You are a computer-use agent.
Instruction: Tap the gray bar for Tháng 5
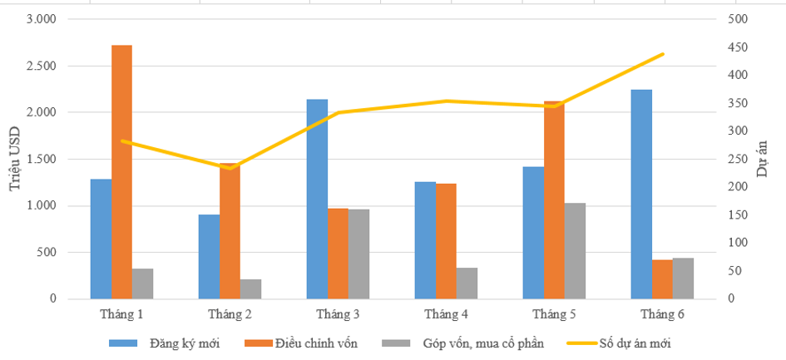[575, 250]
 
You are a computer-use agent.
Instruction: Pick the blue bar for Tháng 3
[317, 199]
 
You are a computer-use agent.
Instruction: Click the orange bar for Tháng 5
[554, 200]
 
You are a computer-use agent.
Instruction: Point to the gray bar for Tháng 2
[250, 288]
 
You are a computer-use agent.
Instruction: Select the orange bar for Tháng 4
[446, 240]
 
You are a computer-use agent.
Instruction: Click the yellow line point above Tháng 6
[663, 54]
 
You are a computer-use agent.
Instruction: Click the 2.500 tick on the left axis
[39, 66]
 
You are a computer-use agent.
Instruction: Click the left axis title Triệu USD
[15, 158]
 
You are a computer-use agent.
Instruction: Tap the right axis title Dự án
[764, 158]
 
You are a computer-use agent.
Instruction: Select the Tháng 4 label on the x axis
[446, 314]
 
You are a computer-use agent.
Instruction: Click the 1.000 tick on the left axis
[39, 205]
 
